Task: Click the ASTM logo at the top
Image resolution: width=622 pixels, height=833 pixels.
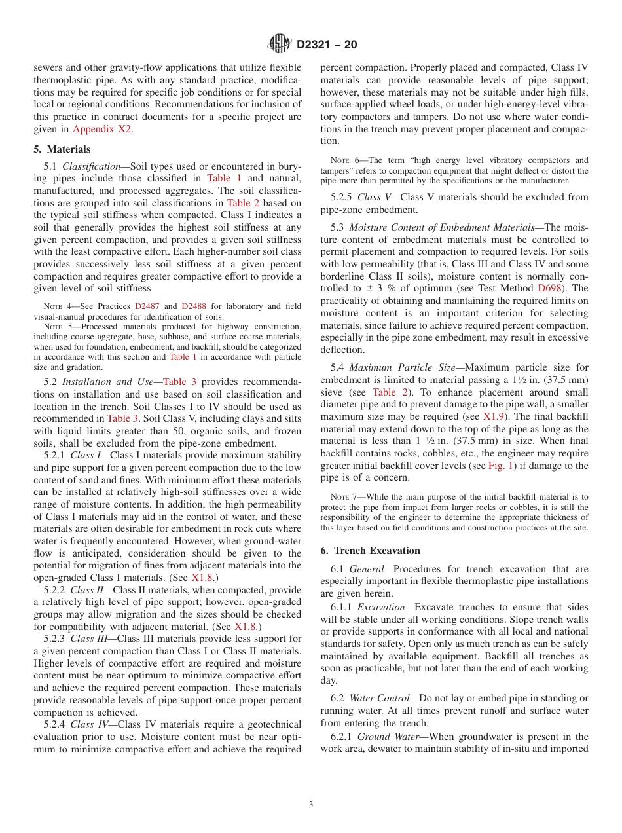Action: click(280, 44)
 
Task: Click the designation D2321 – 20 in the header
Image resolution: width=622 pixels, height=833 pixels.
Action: click(327, 45)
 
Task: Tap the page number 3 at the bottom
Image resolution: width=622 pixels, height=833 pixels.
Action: click(311, 804)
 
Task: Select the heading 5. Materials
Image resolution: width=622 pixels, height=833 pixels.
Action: click(62, 149)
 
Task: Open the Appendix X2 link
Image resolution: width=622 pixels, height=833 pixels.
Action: click(102, 129)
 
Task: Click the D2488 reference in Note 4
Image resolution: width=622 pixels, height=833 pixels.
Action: click(193, 306)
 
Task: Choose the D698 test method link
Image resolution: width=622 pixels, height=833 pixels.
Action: click(549, 288)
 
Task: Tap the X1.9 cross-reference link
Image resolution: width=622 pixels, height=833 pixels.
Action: click(494, 416)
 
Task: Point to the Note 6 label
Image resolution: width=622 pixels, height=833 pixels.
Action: click(344, 160)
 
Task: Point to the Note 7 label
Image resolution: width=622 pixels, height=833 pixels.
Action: click(344, 498)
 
